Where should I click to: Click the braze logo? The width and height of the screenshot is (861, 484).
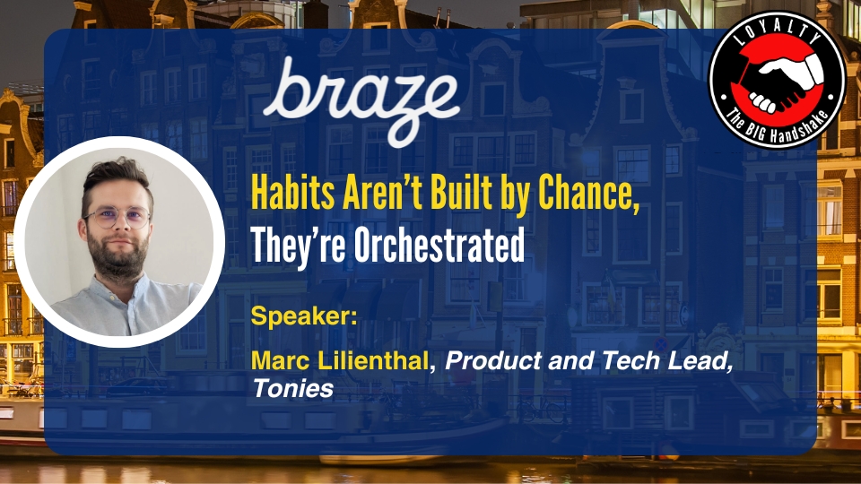click(x=361, y=99)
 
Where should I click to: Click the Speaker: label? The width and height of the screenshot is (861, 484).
click(x=304, y=316)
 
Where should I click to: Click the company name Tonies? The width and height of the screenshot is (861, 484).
click(x=292, y=388)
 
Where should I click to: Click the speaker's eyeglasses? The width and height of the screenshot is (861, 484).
click(x=117, y=217)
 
